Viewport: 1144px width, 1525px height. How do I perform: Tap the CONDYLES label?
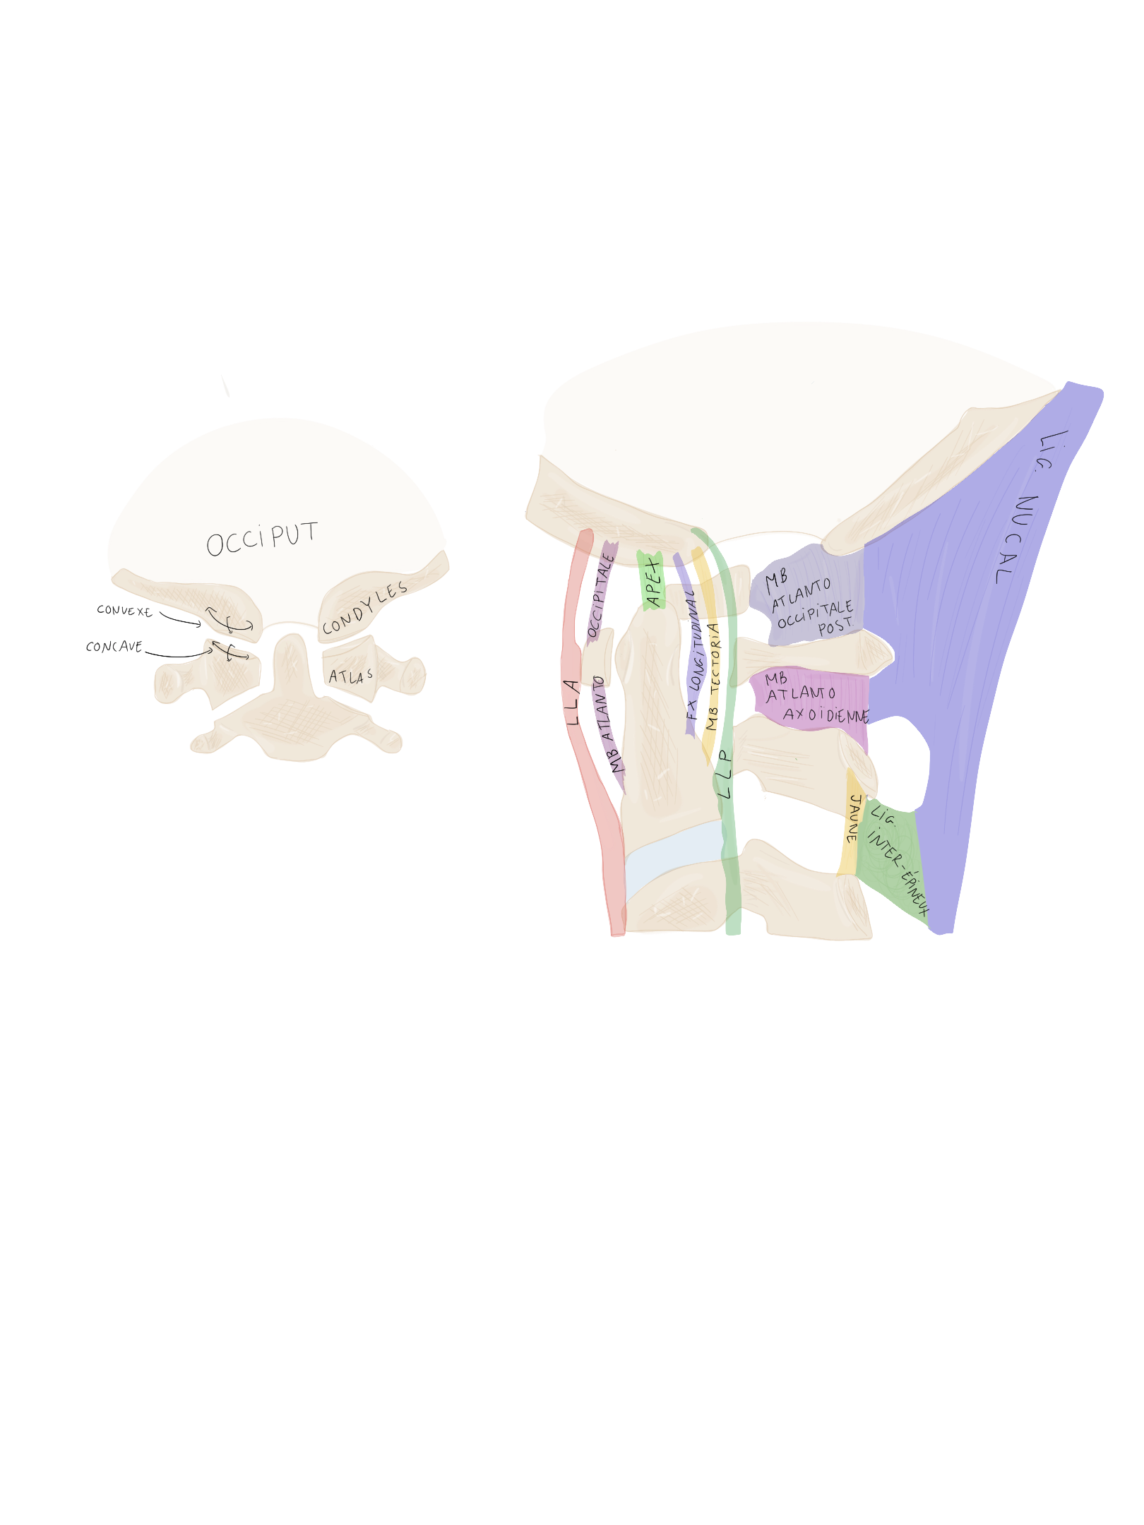pos(364,609)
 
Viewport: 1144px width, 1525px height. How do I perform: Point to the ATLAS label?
pos(350,676)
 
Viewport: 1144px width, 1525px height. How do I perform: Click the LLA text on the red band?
pos(573,703)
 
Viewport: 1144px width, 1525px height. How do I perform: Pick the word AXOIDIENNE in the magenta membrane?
pos(825,715)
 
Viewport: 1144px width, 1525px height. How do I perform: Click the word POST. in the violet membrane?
pos(835,626)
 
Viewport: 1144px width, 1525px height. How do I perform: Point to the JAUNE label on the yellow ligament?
pos(853,818)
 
